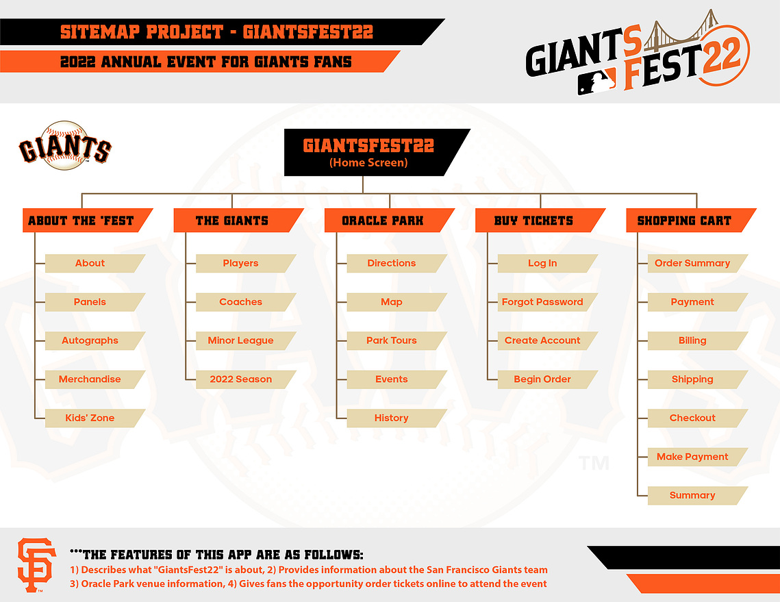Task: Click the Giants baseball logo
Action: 64,146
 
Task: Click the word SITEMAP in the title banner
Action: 100,32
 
